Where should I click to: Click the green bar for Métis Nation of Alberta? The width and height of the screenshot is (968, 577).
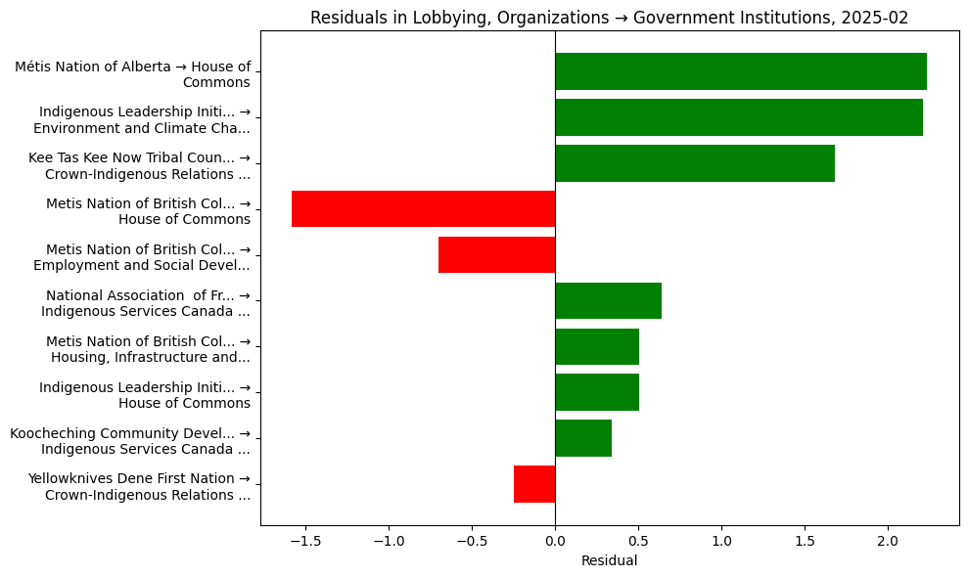click(740, 71)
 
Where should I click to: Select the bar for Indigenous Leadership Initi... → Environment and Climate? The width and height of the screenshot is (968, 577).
click(738, 117)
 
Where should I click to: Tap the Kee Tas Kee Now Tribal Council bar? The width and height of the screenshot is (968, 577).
click(694, 163)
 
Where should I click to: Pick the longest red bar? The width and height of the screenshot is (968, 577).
click(423, 209)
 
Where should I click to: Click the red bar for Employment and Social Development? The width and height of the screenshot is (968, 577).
click(496, 255)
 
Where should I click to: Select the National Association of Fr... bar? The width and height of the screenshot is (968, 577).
click(608, 301)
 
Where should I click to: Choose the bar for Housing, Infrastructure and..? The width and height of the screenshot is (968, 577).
click(596, 347)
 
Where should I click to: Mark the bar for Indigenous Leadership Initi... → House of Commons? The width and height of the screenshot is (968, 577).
click(596, 392)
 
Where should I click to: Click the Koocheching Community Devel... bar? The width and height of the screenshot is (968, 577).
click(582, 438)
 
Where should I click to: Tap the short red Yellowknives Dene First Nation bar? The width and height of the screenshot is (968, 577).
click(534, 484)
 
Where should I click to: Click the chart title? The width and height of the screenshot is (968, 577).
click(609, 18)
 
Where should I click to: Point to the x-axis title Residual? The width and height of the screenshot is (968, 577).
click(609, 560)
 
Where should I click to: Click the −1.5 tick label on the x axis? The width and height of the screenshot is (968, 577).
click(305, 540)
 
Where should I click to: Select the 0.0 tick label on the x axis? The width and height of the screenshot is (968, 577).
click(555, 540)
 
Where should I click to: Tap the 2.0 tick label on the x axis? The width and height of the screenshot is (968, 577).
click(888, 540)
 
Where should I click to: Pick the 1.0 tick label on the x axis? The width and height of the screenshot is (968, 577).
click(721, 540)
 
